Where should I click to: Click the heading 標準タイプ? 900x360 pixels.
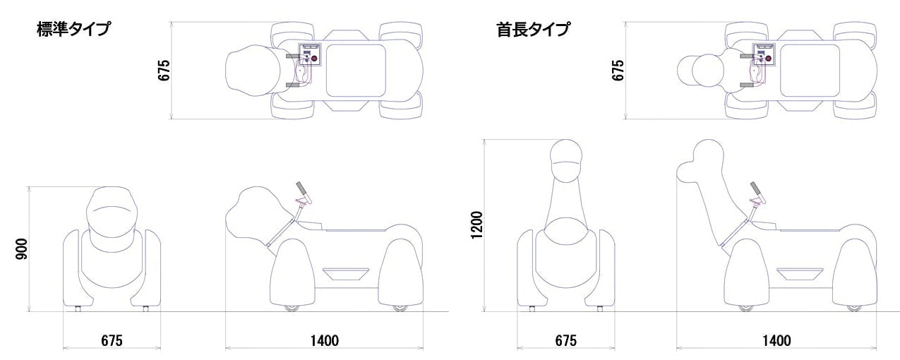coord(73,30)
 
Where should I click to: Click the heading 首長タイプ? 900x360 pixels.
coord(532,30)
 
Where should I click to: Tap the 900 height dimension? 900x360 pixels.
coord(22,248)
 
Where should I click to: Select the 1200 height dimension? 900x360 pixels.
coord(478,224)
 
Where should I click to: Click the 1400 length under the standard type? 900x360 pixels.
coord(325,340)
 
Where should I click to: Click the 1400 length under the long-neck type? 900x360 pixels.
coord(776,340)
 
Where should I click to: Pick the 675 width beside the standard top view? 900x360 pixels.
coord(164,71)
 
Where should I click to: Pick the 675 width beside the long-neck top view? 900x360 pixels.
coord(618,71)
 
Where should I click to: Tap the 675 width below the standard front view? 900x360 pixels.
coord(112,340)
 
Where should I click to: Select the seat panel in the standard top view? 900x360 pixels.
coord(356,71)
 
